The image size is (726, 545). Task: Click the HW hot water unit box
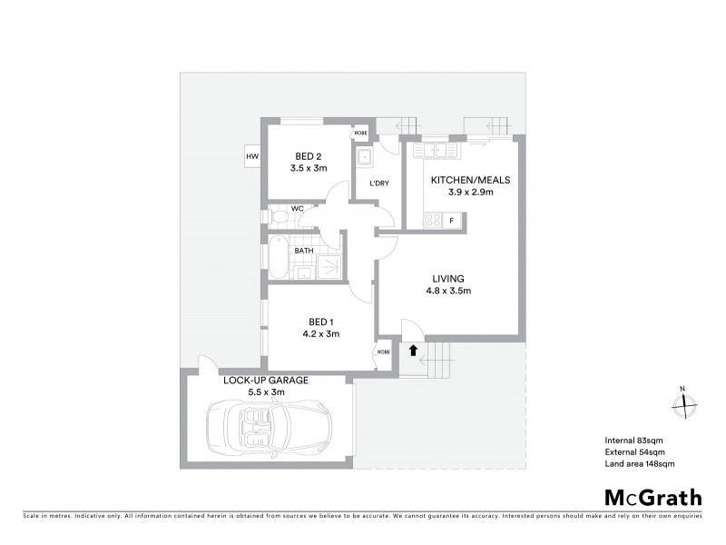point(252,157)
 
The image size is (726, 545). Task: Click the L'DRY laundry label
point(378,184)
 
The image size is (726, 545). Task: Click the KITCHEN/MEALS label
point(464,180)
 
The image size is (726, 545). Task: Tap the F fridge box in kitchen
point(452,220)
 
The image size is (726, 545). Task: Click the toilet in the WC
point(278,217)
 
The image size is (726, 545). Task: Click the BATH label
point(304,251)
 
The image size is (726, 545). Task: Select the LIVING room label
point(448,278)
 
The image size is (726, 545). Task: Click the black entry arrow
point(413,350)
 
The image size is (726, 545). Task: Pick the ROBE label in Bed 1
point(385,352)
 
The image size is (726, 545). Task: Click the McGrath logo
point(652,497)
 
